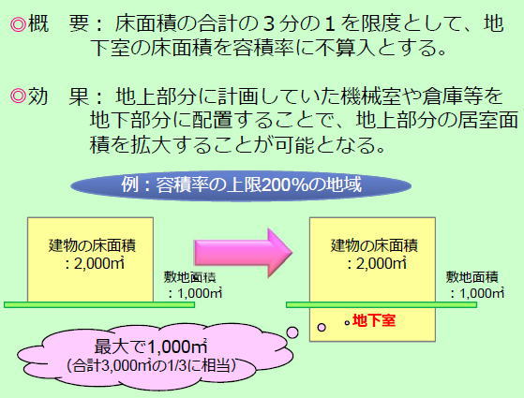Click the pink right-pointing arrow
[244, 253]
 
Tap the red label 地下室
[374, 320]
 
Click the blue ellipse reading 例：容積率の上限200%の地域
[241, 185]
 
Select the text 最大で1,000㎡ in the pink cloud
[151, 346]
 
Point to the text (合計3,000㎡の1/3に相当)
[151, 365]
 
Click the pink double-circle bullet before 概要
[18, 24]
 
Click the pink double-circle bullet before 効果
[18, 96]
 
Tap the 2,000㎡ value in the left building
[95, 264]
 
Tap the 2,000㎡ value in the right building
[377, 264]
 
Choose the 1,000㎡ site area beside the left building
[196, 293]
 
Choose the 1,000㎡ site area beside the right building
[478, 293]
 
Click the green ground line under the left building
[99, 304]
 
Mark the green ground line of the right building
[382, 304]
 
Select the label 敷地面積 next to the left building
[189, 277]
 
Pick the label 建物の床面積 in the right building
[374, 245]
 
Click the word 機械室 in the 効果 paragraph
[370, 96]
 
